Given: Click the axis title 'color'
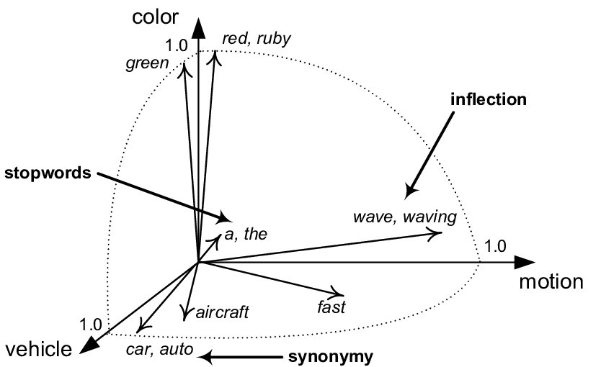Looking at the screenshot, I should coord(150,17).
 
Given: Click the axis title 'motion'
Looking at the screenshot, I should coord(551,281).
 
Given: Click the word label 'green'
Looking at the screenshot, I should coord(146,64).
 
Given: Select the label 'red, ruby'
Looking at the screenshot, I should coord(256,39).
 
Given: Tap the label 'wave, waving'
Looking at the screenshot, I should coord(404,217).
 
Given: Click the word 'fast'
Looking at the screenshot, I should coord(331,308).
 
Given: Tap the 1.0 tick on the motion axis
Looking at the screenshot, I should coord(496,247).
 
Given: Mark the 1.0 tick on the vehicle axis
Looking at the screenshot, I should coord(92,323).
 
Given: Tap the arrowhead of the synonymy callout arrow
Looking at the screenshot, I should coord(205,355).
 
